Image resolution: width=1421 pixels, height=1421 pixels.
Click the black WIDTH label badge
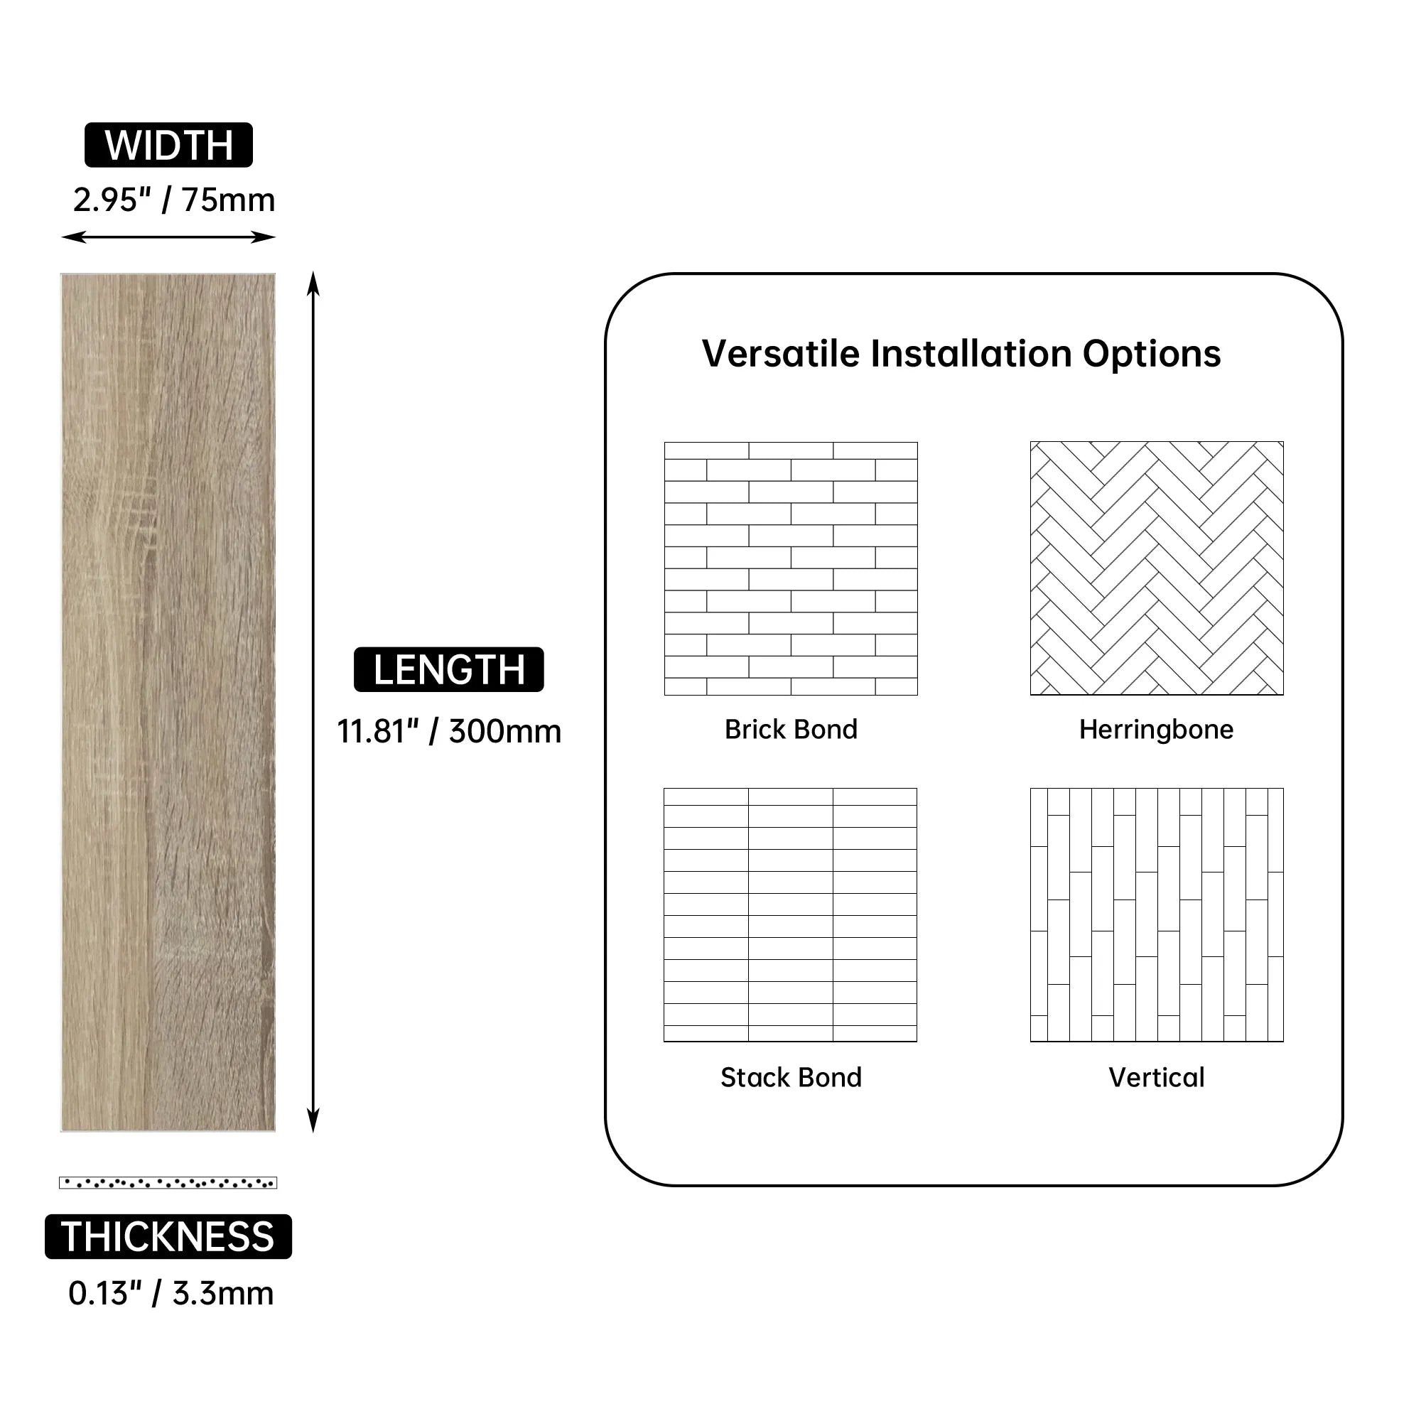pos(168,145)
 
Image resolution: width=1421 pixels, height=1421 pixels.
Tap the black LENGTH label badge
pos(448,669)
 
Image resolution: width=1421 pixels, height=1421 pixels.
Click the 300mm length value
pos(504,731)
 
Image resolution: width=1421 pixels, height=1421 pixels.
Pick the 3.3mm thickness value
pos(223,1294)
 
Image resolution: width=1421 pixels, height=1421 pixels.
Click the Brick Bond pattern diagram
pos(791,568)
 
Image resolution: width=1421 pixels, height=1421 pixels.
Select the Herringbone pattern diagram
pos(1156,568)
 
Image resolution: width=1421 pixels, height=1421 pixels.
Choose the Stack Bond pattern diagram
pos(791,914)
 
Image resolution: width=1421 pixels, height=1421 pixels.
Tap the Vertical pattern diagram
pos(1156,914)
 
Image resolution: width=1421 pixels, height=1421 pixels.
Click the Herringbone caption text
pos(1156,730)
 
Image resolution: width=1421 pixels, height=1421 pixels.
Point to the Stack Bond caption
pos(791,1078)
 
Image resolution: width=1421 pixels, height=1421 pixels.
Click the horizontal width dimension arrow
pos(168,237)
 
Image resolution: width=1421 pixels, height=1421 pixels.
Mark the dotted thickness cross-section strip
pos(168,1183)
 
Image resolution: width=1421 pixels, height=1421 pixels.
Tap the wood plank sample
pos(168,703)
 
